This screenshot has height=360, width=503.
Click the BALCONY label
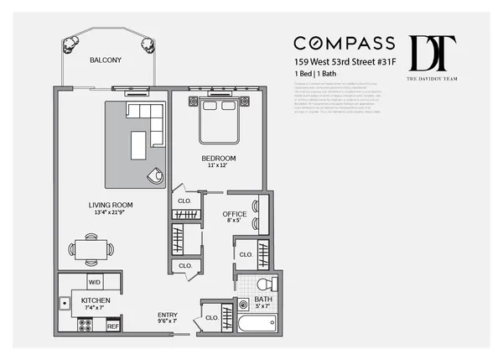106,60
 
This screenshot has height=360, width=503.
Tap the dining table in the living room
91,248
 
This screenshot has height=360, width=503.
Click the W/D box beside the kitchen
95,283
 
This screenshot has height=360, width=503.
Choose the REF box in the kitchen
112,326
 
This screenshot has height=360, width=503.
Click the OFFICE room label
234,214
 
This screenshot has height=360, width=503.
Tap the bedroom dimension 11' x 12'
218,166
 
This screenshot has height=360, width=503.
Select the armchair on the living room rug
154,175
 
